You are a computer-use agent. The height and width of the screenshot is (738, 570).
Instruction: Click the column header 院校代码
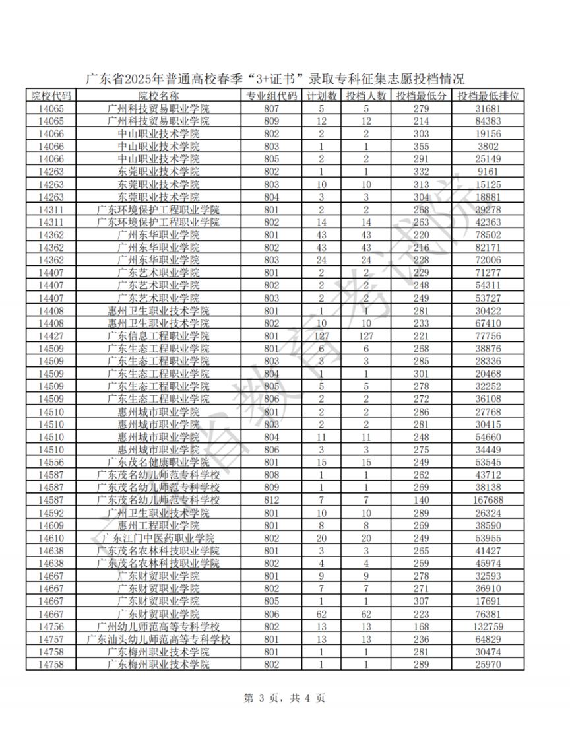pyautogui.click(x=51, y=96)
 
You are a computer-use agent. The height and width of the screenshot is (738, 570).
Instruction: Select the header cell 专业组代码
pyautogui.click(x=271, y=96)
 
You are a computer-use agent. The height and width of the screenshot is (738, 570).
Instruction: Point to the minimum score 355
pyautogui.click(x=421, y=147)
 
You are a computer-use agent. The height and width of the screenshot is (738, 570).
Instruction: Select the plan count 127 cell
pyautogui.click(x=322, y=336)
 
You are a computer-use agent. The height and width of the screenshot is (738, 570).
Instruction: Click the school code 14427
pyautogui.click(x=51, y=336)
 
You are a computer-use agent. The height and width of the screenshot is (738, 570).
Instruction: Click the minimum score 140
pyautogui.click(x=421, y=500)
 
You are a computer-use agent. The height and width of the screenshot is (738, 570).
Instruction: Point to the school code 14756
pyautogui.click(x=51, y=626)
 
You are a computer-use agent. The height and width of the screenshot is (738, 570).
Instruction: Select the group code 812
pyautogui.click(x=271, y=500)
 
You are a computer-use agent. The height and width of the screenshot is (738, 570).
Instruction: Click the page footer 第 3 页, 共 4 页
pyautogui.click(x=284, y=698)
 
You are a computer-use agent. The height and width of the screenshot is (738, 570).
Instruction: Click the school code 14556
pyautogui.click(x=51, y=462)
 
